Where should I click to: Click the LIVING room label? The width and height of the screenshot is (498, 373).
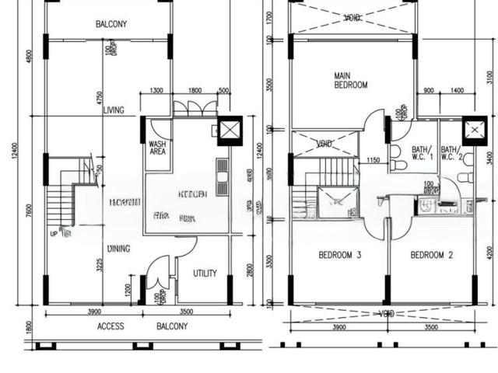point(113,110)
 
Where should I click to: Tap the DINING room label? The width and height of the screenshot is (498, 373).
point(118,249)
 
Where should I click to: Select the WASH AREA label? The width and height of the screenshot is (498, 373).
point(156,147)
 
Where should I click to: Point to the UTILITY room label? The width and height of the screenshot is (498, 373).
point(205,273)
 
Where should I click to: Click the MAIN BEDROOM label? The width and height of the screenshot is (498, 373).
point(350,81)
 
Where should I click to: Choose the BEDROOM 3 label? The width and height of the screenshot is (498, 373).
point(340,255)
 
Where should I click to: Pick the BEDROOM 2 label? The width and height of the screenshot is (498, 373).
point(432,255)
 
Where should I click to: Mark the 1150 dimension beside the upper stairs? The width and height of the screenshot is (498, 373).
point(373,161)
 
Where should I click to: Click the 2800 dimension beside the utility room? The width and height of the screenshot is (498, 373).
point(250,269)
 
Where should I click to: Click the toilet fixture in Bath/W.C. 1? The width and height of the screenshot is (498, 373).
point(395,152)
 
